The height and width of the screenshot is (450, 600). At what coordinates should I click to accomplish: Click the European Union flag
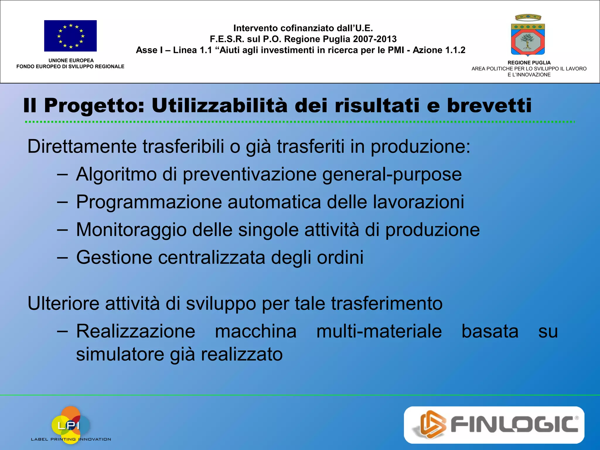(x=70, y=36)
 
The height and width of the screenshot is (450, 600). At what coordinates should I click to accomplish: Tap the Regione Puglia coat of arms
(x=528, y=35)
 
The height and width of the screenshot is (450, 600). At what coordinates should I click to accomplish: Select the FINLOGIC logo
(x=494, y=425)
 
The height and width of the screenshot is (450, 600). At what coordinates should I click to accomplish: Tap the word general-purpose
(x=392, y=175)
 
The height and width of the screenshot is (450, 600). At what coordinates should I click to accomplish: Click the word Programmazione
(x=149, y=202)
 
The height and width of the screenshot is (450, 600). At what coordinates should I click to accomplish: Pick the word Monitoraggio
(x=131, y=230)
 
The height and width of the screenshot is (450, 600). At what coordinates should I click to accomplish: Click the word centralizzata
(x=212, y=258)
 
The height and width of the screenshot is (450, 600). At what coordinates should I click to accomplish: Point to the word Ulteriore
(x=63, y=304)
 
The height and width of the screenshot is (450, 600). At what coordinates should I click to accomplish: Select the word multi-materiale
(x=379, y=331)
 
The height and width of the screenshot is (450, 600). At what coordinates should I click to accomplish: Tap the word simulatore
(x=120, y=354)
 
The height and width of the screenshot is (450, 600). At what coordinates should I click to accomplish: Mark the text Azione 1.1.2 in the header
(x=439, y=50)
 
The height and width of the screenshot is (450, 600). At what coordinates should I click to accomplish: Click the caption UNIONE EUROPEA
(x=71, y=60)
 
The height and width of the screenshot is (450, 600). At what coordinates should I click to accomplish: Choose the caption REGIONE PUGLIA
(x=529, y=63)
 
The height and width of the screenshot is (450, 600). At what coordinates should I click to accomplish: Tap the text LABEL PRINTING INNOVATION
(x=71, y=439)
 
